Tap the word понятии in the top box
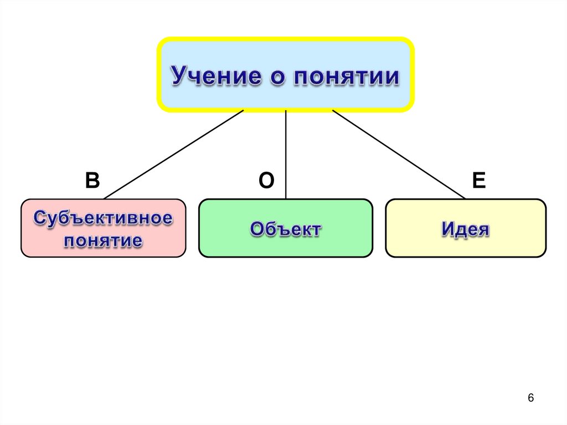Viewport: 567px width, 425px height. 346,76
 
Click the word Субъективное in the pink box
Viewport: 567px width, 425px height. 103,218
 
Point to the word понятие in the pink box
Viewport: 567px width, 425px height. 103,240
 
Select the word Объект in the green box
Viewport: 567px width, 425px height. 285,228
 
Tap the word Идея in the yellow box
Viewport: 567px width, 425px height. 465,228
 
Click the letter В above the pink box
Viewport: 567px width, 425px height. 92,181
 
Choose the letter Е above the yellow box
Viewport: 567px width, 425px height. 479,181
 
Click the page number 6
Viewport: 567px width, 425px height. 531,398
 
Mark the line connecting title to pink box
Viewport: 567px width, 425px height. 173,154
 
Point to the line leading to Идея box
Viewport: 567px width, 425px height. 399,154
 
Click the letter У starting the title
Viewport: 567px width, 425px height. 179,76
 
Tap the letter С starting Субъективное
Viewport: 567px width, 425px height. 40,218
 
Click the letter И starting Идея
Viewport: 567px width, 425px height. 448,228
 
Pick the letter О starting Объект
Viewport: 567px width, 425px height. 257,228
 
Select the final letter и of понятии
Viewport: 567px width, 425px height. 391,77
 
